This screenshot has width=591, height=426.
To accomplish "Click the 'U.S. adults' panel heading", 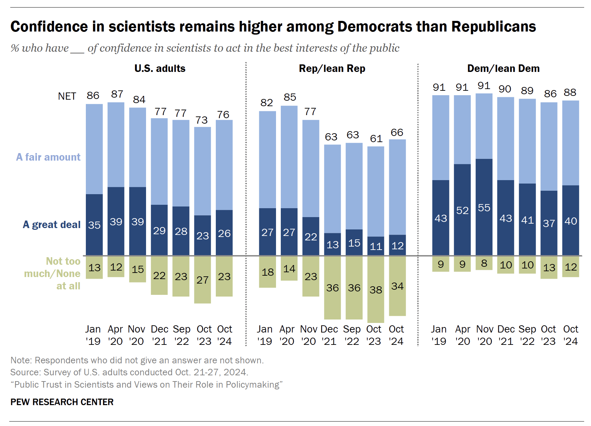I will point(160,68).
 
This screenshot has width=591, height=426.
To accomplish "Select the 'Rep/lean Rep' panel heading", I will point(332,68).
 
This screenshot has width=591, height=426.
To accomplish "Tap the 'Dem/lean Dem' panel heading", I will point(503,68).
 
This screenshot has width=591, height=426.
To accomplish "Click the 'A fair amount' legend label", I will point(48,157).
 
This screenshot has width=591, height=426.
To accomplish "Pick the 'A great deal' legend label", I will point(52,225).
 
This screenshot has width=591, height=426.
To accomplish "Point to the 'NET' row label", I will point(67,96).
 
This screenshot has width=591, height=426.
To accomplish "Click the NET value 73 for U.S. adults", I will point(201,120).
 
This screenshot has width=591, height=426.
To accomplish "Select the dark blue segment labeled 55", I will point(484,208).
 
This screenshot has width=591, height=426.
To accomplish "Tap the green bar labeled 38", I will point(376,290).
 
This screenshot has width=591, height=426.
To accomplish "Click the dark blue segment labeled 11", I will point(376,246).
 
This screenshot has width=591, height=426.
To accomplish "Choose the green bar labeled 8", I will point(484,263).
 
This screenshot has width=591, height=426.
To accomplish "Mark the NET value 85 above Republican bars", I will point(289,97).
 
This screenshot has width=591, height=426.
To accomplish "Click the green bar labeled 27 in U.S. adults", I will point(202,280).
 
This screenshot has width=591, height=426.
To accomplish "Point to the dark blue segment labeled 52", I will point(462,210).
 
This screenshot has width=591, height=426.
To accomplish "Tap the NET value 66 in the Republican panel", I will point(397,133).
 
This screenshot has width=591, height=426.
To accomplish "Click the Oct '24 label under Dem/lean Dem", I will point(570,335).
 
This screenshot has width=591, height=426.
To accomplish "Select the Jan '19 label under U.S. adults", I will point(93,335).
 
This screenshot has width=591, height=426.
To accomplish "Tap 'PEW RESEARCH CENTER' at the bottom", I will point(62,402).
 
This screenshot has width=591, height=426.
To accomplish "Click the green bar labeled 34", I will point(397,286).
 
